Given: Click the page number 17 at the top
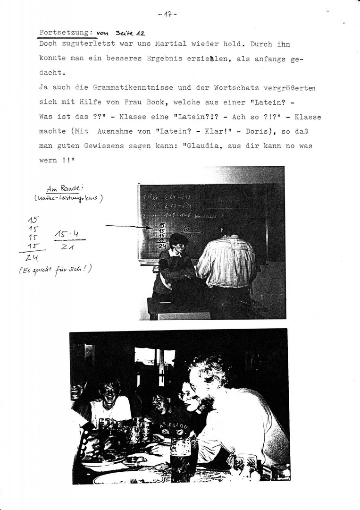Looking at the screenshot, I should pos(167,15).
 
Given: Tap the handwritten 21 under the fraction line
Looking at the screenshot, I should pos(69,247).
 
